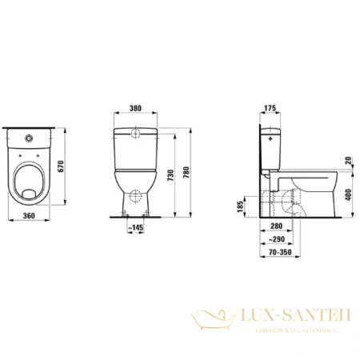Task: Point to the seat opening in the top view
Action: click(29, 180)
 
